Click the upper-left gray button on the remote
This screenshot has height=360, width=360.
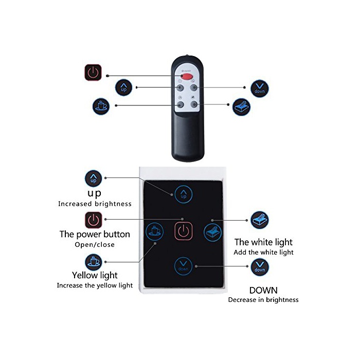[180, 87]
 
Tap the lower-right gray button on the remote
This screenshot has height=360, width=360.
[194, 105]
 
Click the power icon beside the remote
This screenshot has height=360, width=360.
[93, 73]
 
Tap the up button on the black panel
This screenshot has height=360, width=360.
[183, 194]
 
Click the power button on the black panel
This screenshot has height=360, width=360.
[184, 230]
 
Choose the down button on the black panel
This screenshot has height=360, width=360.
[183, 265]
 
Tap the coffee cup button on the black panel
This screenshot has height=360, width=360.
[154, 231]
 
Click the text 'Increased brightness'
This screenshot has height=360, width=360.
[95, 204]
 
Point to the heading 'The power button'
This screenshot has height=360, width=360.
[95, 235]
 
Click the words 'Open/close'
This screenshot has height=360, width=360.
[95, 245]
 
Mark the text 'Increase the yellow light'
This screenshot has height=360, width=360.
[95, 285]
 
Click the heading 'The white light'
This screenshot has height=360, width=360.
[263, 242]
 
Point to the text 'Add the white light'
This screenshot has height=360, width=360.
[263, 253]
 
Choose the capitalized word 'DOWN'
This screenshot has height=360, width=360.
[263, 290]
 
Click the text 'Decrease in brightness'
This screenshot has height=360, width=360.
[263, 300]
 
